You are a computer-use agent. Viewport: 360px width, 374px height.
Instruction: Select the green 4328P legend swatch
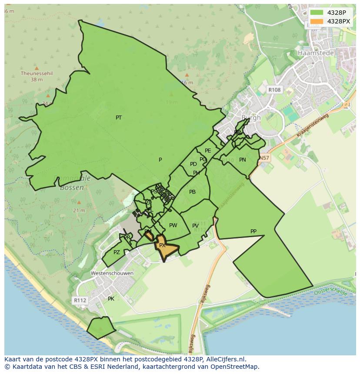pos(317,12)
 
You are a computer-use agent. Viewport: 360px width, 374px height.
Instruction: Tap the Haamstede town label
pos(316,53)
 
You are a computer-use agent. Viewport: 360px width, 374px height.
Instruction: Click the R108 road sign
pos(274,89)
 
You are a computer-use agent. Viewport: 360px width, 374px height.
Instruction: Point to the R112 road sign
pos(80,300)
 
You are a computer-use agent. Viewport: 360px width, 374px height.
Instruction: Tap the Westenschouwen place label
pos(112,273)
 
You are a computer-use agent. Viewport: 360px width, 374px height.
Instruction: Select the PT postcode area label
pos(119,118)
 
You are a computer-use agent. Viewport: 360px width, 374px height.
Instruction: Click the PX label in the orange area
pos(162,245)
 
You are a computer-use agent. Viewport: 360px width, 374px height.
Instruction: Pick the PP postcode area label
pos(253,232)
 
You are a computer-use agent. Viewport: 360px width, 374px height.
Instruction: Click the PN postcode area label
pos(243,160)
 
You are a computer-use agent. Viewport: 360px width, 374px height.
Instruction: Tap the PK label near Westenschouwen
pos(111,299)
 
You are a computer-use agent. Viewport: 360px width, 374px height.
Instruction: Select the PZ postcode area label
pos(117,252)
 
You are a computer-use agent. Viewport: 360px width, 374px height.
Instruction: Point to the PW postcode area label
pos(173,225)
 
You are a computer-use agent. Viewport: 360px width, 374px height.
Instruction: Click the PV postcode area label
pos(195,226)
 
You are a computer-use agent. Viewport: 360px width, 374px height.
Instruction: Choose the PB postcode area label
pos(192,192)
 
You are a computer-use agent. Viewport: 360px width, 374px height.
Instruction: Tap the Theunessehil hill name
pos(37,74)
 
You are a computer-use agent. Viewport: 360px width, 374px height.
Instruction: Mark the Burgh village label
pos(251,118)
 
